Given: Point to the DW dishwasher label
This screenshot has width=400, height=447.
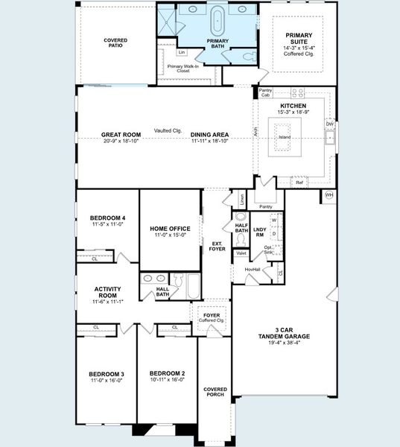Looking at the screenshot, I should [329, 124].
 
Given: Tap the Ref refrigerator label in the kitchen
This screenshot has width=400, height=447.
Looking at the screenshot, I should [299, 183].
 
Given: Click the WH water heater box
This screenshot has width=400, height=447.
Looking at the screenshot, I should [328, 196].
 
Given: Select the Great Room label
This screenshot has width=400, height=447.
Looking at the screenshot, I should [121, 135].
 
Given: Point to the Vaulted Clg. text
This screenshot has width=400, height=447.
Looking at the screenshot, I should [168, 131].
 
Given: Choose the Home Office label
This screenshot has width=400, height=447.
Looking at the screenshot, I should [170, 229].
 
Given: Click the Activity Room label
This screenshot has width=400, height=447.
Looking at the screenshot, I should [108, 291].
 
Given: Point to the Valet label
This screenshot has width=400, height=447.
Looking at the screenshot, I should [241, 253].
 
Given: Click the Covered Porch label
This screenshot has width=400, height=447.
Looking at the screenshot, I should [215, 392].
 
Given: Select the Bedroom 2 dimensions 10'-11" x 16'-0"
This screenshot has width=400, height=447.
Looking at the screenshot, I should [167, 379].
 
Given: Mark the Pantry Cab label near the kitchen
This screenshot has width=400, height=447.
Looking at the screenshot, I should [266, 92].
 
